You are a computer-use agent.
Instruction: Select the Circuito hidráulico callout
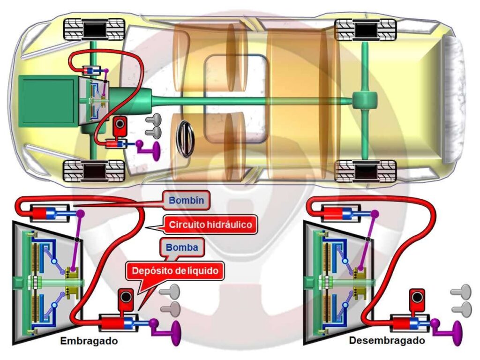coord(210,225)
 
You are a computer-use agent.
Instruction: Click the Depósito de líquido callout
coord(175,270)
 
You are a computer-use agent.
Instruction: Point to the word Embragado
coord(89,341)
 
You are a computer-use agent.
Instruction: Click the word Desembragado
coord(387,340)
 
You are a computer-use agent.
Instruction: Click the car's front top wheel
coord(94,30)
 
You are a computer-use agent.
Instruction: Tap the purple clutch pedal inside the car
coord(151,150)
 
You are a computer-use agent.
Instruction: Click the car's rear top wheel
coord(366,30)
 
